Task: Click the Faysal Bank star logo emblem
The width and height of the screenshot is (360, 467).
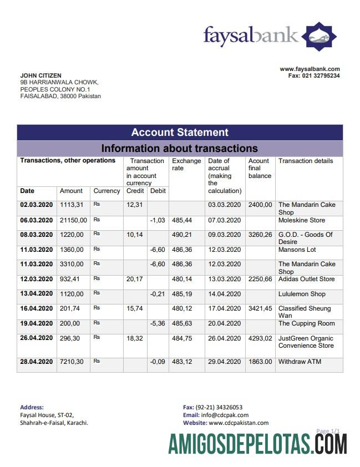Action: [x=319, y=37]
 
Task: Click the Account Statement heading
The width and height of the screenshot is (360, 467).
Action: [x=180, y=133]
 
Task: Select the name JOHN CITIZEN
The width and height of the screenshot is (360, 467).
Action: [x=41, y=75]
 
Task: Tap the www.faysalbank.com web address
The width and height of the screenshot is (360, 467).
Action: [x=310, y=69]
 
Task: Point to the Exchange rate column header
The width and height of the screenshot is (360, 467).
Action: [x=186, y=164]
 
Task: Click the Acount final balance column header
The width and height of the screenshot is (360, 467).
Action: [x=260, y=168]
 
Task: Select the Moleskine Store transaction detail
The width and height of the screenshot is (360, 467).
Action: [x=302, y=221]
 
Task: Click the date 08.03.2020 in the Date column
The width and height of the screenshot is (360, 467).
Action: [x=36, y=235]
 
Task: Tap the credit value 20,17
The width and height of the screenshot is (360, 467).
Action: [x=134, y=279]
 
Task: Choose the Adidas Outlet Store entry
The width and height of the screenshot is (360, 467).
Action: [x=307, y=279]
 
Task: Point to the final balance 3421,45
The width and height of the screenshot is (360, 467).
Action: [x=260, y=308]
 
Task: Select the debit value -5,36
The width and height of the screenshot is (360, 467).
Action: [x=158, y=323]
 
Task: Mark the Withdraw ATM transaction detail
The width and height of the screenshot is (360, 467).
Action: [x=300, y=362]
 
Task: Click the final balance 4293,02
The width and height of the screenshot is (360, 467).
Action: [x=260, y=338]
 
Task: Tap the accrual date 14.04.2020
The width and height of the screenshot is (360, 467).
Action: [x=225, y=294]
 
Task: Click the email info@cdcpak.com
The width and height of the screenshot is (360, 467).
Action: [x=225, y=415]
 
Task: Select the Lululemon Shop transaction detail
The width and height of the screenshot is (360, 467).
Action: [x=302, y=294]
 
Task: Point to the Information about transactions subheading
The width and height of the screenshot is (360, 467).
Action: [x=180, y=148]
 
